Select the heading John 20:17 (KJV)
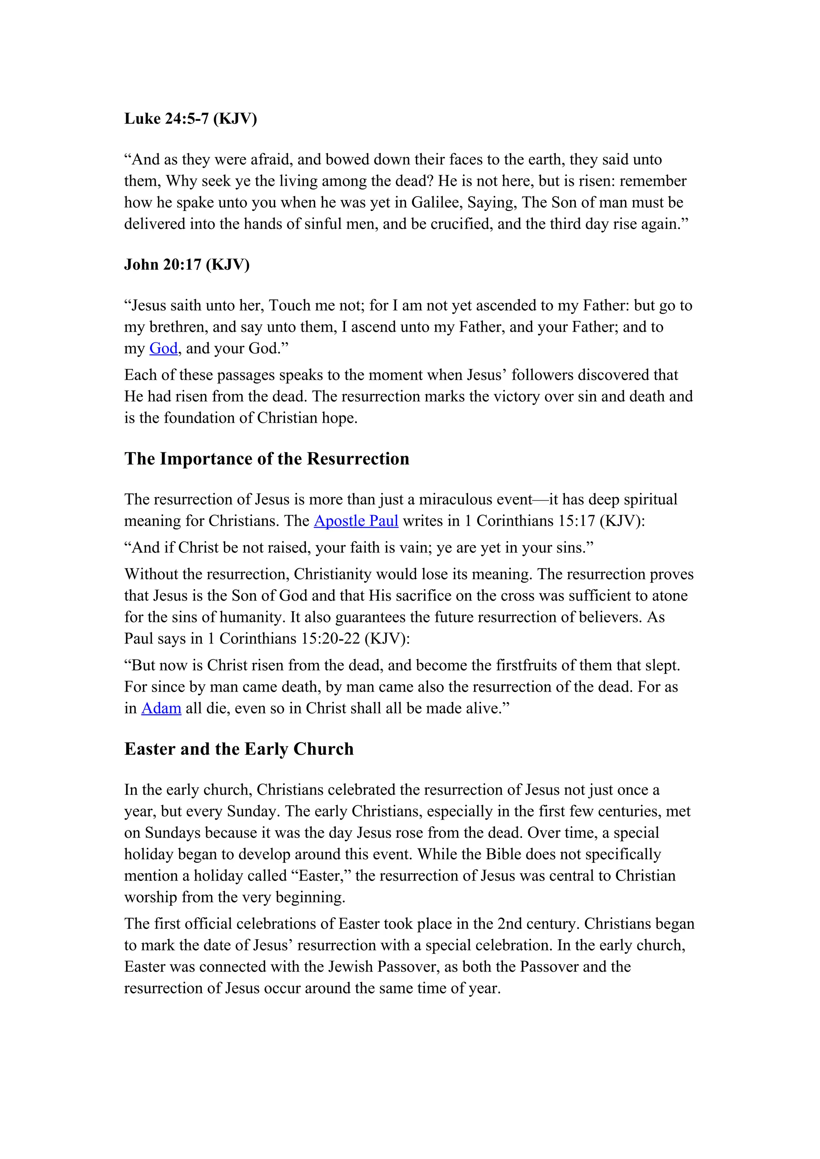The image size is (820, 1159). pyautogui.click(x=187, y=265)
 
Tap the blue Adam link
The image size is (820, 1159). pyautogui.click(x=161, y=708)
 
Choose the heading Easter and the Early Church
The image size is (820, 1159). pyautogui.click(x=239, y=749)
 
